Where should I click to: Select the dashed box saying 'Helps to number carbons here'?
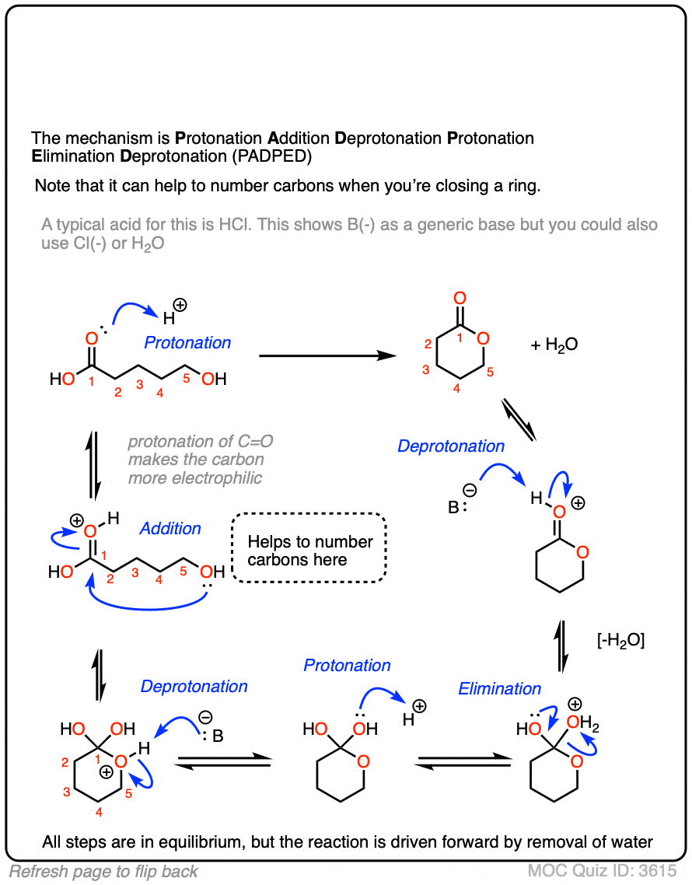[x=309, y=551]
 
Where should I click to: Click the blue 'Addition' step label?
[x=170, y=529]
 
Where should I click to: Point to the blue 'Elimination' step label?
[x=499, y=689]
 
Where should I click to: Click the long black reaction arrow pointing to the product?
[x=327, y=356]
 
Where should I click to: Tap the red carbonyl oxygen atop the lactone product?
[x=460, y=298]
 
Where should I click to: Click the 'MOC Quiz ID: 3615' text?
[x=602, y=871]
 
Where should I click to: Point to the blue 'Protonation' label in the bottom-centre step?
[x=347, y=666]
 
